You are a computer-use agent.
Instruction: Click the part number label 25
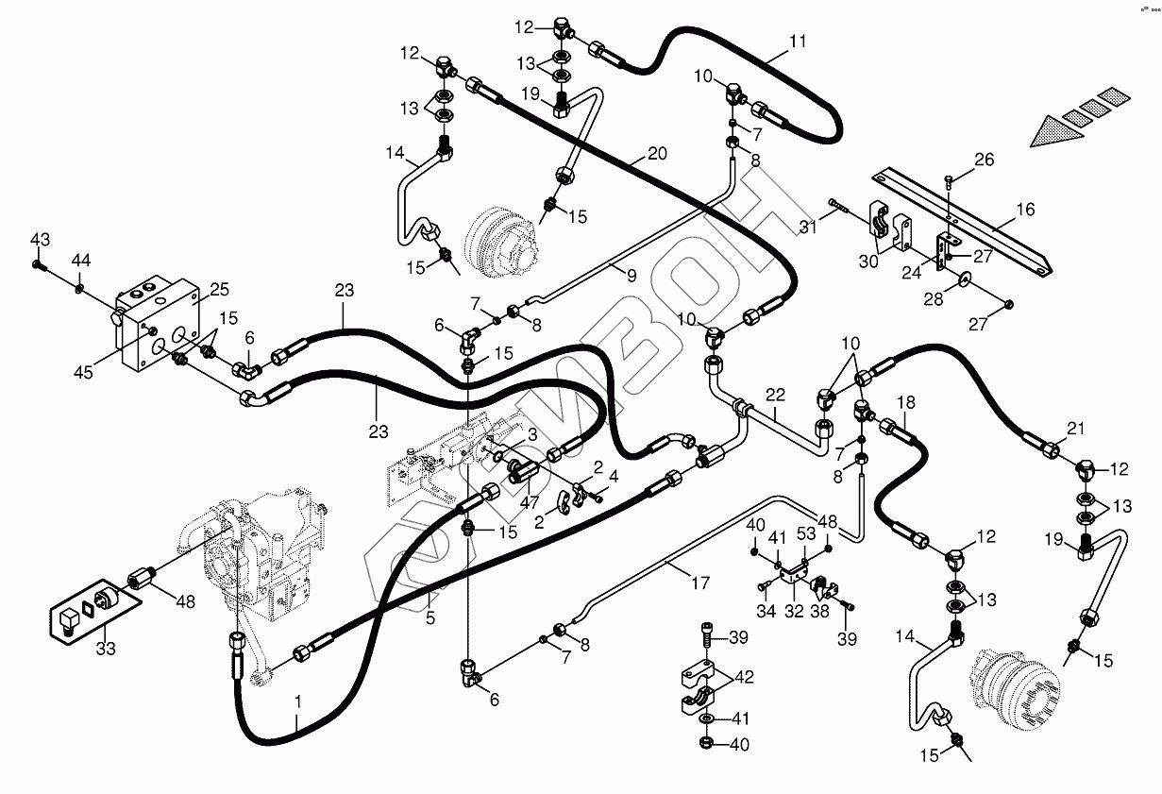point(219,290)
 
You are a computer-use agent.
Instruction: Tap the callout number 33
point(106,649)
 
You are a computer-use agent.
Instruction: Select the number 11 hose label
point(799,41)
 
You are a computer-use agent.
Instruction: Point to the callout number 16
point(1025,210)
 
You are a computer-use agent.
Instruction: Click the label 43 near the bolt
point(40,240)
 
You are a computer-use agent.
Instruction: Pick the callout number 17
point(700,583)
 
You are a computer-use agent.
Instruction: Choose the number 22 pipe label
point(776,395)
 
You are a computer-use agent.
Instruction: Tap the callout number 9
point(632,276)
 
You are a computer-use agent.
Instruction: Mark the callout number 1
point(297,702)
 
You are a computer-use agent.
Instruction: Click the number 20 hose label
point(657,154)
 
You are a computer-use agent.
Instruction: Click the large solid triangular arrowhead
point(1056,131)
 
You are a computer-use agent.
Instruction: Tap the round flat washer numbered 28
point(963,279)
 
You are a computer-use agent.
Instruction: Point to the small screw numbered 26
point(948,181)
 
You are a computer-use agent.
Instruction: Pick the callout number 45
point(83,372)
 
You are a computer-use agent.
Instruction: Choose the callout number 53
point(805,533)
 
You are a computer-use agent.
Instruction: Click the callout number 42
point(745,677)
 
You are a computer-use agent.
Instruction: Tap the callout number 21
point(1075,429)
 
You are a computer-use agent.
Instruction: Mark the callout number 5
point(430,618)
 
